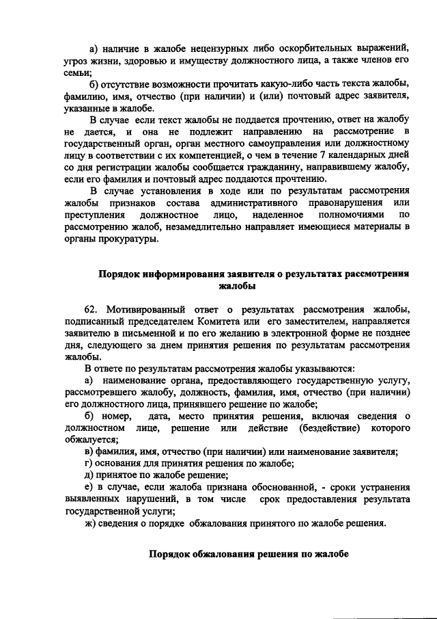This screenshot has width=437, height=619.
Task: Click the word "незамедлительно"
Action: click(208, 228)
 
